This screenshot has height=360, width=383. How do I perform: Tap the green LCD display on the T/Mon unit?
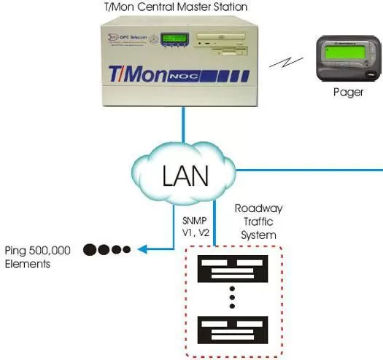point(177,37)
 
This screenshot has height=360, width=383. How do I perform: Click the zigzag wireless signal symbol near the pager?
point(280,63)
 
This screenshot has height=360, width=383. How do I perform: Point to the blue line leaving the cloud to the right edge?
point(306,169)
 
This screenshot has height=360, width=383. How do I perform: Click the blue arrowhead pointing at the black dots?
point(140,249)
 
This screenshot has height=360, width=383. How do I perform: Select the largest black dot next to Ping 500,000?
point(90,249)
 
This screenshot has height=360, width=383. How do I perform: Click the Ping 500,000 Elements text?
point(37,257)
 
